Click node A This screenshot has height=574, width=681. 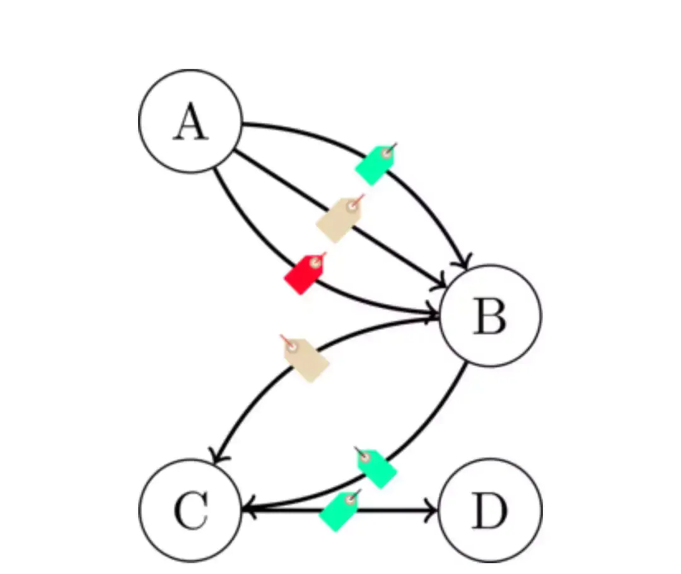point(190,121)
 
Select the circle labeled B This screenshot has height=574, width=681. point(491,315)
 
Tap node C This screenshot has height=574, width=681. point(190,510)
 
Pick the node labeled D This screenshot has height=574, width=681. point(491,510)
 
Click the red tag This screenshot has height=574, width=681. point(305,274)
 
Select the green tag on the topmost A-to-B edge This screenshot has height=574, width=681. point(375,164)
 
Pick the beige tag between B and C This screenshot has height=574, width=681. point(305,358)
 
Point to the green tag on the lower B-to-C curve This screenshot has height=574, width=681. point(376,468)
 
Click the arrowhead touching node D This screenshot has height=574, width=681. point(431,510)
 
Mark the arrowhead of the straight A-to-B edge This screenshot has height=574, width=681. point(439,281)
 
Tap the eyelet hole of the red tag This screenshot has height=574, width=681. point(315,262)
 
